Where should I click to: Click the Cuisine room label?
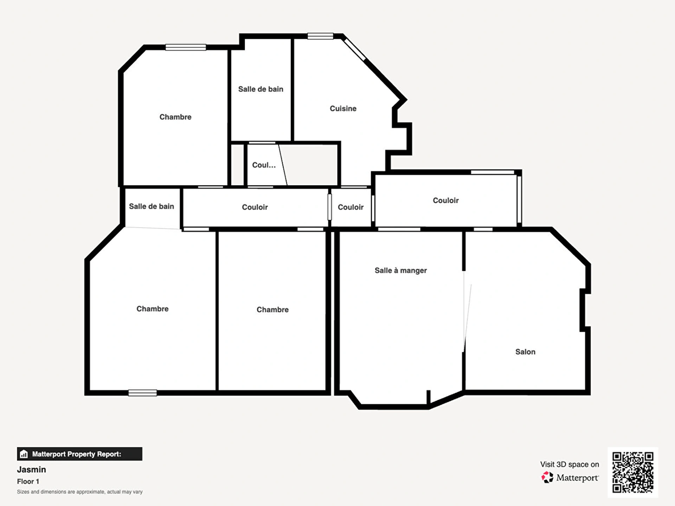[343, 109]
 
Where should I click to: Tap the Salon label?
[525, 352]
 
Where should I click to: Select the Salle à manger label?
[401, 271]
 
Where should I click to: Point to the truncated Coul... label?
[264, 165]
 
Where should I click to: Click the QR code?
[633, 472]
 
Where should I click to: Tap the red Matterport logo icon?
[547, 477]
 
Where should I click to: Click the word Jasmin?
[32, 469]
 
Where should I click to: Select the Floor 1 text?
[28, 481]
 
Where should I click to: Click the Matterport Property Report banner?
[80, 454]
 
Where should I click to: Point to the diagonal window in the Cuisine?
[355, 50]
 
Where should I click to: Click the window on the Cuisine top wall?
[320, 36]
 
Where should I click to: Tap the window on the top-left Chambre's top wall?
[186, 47]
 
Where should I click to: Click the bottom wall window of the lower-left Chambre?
[142, 393]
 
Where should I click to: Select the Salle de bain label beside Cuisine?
[261, 89]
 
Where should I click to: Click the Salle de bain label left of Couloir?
[152, 206]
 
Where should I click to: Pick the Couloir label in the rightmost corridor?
[446, 200]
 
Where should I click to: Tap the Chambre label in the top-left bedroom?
[175, 117]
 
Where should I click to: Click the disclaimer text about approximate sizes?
[80, 492]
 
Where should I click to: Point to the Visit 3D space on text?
[570, 465]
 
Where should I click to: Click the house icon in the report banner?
[24, 454]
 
